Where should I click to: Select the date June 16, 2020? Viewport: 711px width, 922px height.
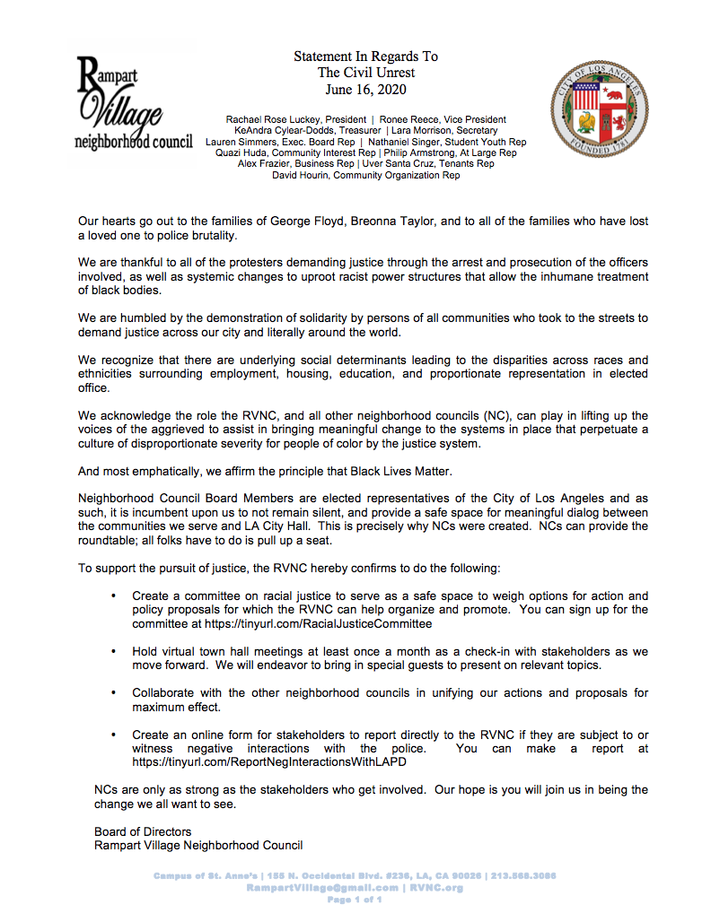point(366,89)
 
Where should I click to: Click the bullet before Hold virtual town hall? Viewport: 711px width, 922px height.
point(113,651)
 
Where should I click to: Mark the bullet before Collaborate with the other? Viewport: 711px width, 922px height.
point(113,693)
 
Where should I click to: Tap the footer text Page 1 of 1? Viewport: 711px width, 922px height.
point(355,899)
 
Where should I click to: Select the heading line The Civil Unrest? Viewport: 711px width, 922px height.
point(366,73)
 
